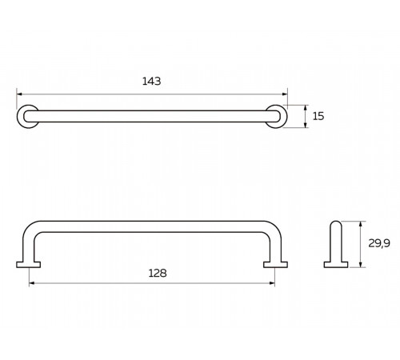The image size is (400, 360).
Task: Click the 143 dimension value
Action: (x=151, y=81)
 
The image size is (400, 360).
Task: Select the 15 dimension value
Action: (x=318, y=116)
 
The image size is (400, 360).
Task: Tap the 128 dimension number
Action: (x=158, y=273)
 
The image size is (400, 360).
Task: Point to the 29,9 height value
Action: (x=379, y=243)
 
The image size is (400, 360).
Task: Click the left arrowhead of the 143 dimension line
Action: (x=19, y=94)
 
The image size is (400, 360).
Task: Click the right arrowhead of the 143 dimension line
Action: (x=285, y=94)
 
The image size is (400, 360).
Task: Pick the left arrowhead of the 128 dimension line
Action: (x=32, y=283)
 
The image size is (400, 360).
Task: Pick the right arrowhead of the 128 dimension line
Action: (x=272, y=283)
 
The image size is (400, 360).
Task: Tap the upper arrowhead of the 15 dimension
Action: (x=306, y=108)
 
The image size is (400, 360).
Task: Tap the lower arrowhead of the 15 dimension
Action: (x=306, y=125)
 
